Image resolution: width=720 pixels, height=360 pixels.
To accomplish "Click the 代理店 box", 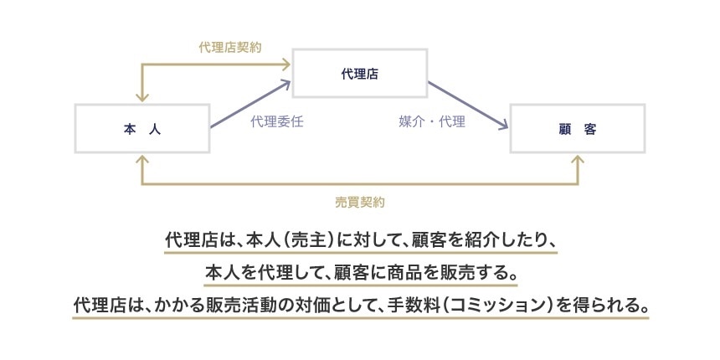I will point(359,74).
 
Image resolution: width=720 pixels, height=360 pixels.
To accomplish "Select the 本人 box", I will point(141,129).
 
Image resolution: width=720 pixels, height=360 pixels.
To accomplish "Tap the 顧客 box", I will point(577,129).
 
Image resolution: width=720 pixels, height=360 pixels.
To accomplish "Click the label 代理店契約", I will point(230,47).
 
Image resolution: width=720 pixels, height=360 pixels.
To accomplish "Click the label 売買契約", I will point(360,202).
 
